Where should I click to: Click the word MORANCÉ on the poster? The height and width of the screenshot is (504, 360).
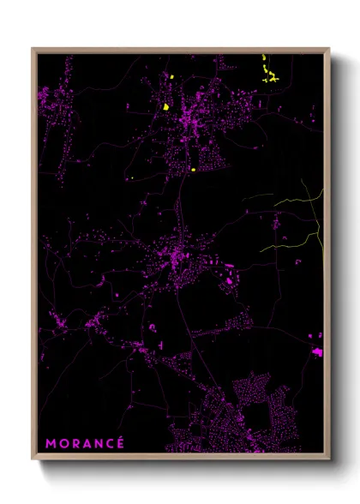[85, 443]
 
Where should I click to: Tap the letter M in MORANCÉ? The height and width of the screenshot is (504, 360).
[51, 443]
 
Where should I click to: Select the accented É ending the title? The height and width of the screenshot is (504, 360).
[120, 442]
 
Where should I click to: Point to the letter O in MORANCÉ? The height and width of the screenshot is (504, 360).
[63, 443]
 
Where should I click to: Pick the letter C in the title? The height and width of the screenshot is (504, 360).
[109, 443]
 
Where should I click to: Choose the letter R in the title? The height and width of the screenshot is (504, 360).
[74, 443]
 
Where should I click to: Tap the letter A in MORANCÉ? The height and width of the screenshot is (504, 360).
[85, 443]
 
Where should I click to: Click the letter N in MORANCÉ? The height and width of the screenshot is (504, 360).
[97, 443]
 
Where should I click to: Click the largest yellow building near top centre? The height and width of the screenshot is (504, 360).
[165, 107]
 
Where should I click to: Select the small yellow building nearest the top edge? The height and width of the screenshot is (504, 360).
[171, 77]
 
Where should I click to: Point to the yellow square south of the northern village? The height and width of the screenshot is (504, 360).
[194, 169]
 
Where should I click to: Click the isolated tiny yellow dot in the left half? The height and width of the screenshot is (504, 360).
[134, 178]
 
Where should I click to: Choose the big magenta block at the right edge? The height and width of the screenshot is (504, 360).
[317, 352]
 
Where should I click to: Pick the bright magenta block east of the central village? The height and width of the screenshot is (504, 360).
[229, 279]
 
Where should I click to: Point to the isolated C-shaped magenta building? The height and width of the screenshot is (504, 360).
[152, 327]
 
